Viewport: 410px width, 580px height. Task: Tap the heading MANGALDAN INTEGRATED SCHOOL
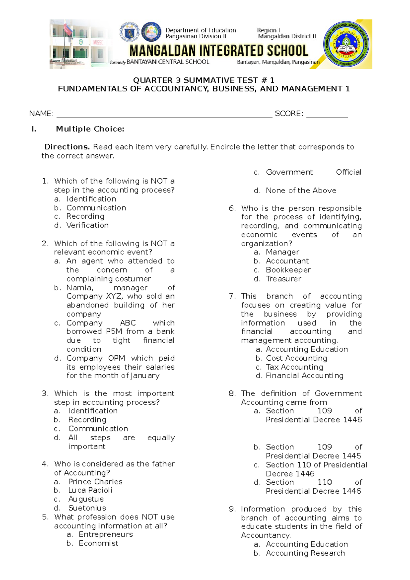pyautogui.click(x=219, y=51)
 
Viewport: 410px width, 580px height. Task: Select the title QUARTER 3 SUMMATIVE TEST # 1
pyautogui.click(x=203, y=80)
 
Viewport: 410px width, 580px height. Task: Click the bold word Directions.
pyautogui.click(x=67, y=147)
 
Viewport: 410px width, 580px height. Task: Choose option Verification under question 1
pyautogui.click(x=87, y=225)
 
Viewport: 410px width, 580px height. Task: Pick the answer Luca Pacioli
pyautogui.click(x=90, y=491)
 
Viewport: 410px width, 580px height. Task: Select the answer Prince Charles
pyautogui.click(x=95, y=482)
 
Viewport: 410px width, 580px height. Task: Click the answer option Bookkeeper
pyautogui.click(x=288, y=270)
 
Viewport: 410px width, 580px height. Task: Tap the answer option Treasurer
pyautogui.click(x=284, y=279)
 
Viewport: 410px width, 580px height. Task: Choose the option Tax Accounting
pyautogui.click(x=294, y=367)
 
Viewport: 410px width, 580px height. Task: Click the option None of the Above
pyautogui.click(x=301, y=191)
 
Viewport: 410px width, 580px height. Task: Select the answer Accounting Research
pyautogui.click(x=305, y=553)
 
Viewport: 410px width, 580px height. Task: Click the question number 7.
pyautogui.click(x=232, y=296)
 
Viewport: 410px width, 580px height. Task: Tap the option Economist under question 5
pyautogui.click(x=98, y=543)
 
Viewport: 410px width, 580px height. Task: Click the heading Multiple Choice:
pyautogui.click(x=90, y=129)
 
